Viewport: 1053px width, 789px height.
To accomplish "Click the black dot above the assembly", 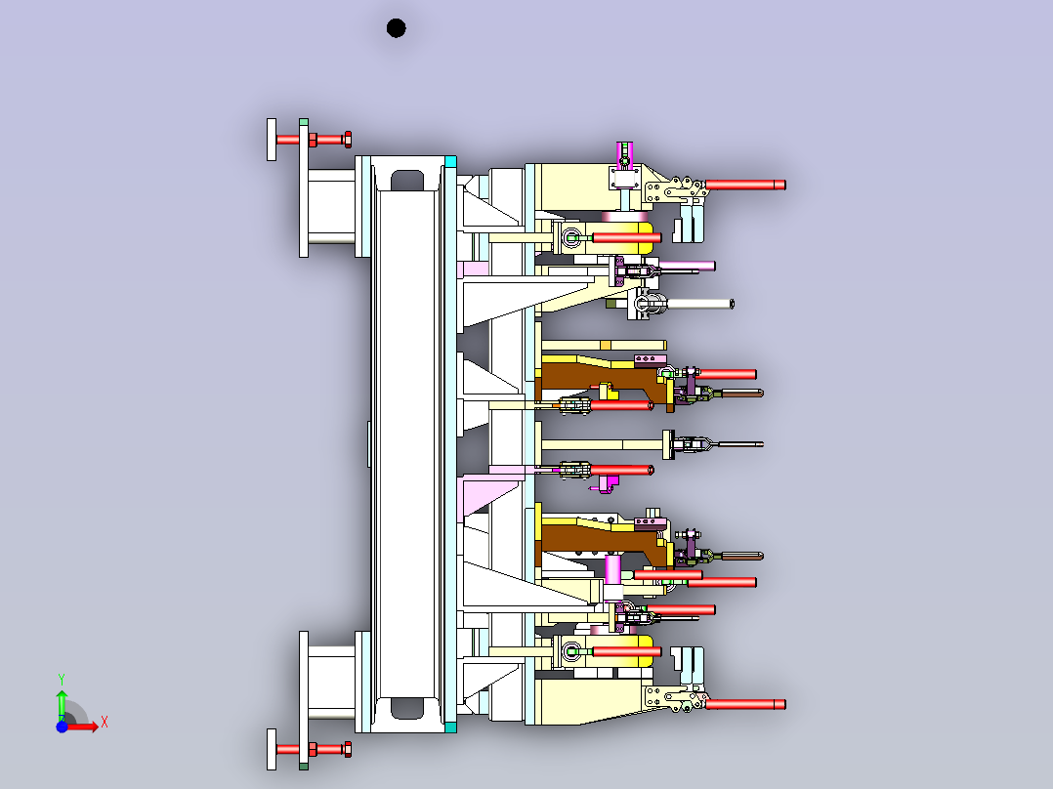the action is pos(397,28).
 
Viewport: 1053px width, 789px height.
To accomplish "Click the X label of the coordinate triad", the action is pos(105,723).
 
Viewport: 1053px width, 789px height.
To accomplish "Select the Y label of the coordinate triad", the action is pos(62,680).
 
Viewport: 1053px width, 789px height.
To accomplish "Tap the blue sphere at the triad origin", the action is pos(62,727).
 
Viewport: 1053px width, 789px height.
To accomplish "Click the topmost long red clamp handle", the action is pos(744,185).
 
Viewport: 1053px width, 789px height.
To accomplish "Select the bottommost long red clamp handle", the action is pos(744,704).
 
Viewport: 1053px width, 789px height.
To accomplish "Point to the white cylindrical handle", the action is pos(699,305).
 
